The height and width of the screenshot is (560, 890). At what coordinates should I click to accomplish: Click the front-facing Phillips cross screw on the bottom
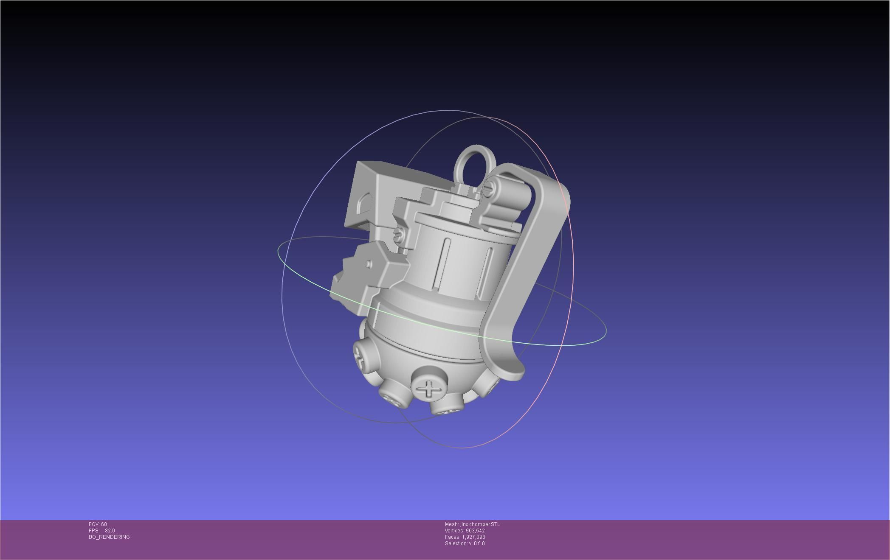429,388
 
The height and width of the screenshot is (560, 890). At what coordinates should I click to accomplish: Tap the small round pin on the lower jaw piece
369,264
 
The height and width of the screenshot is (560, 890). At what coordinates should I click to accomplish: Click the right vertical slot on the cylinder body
485,272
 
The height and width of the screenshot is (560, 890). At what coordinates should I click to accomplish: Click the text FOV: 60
98,524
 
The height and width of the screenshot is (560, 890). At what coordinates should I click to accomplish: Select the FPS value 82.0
110,531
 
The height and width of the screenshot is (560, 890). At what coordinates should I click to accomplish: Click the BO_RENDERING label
109,537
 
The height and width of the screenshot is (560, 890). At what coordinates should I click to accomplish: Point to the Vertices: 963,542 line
465,531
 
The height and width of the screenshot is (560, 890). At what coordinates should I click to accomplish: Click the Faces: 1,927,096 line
465,537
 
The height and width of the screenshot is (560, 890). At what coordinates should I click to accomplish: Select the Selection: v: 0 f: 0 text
465,543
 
